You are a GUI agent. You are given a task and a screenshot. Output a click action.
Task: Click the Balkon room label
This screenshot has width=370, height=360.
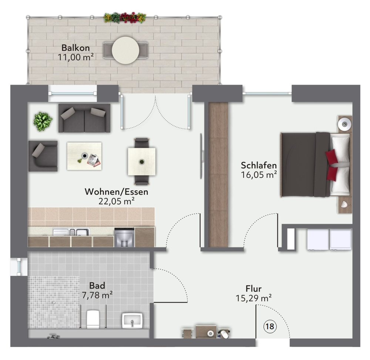click(x=75, y=48)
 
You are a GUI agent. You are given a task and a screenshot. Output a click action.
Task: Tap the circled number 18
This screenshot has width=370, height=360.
click(x=270, y=326)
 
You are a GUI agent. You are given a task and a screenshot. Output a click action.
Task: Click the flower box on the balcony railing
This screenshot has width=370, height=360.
click(x=125, y=17)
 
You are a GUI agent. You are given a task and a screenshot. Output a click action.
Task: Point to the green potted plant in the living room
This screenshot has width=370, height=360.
click(x=43, y=121)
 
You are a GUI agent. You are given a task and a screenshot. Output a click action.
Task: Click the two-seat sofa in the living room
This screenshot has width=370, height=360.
click(x=84, y=118)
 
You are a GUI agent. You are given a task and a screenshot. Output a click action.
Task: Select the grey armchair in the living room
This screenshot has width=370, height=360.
click(x=43, y=156)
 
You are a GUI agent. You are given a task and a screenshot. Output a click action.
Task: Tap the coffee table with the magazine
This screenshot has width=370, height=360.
click(x=84, y=156)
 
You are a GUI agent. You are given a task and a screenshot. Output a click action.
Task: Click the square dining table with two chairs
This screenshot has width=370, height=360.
click(x=142, y=161)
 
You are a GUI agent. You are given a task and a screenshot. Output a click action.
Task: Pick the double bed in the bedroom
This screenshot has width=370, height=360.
click(x=314, y=163)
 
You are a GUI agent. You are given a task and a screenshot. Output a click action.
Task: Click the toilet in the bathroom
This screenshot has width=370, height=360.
click(x=92, y=319)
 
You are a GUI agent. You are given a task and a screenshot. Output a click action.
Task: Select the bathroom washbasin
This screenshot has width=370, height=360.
click(x=132, y=320)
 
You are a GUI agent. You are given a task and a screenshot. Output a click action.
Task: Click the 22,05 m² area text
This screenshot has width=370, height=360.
click(x=117, y=201)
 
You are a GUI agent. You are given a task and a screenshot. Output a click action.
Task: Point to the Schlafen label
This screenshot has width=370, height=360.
click(x=259, y=165)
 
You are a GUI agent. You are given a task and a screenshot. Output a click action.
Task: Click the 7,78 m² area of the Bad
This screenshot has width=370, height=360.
click(x=97, y=295)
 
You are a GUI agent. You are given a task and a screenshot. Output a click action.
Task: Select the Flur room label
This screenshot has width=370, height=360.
click(x=253, y=289)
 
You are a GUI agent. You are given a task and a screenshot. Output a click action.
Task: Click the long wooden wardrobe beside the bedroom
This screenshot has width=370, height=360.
click(x=218, y=174)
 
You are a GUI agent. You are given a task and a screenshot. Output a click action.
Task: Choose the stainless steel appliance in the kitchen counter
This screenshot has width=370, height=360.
click(x=124, y=237)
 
